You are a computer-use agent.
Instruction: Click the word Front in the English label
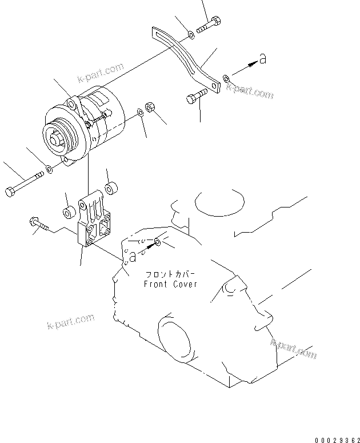pyautogui.click(x=155, y=284)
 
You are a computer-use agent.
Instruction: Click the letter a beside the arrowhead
pyautogui.click(x=262, y=58)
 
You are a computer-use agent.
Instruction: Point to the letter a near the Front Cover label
pyautogui.click(x=133, y=257)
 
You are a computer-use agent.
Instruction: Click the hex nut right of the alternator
pyautogui.click(x=151, y=107)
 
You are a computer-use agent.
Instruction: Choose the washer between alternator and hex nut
pyautogui.click(x=141, y=113)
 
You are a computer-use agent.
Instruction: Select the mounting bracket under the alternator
pyautogui.click(x=94, y=222)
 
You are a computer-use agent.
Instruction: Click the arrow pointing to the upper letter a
pyautogui.click(x=243, y=68)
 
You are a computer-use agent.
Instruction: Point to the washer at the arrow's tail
pyautogui.click(x=227, y=76)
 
